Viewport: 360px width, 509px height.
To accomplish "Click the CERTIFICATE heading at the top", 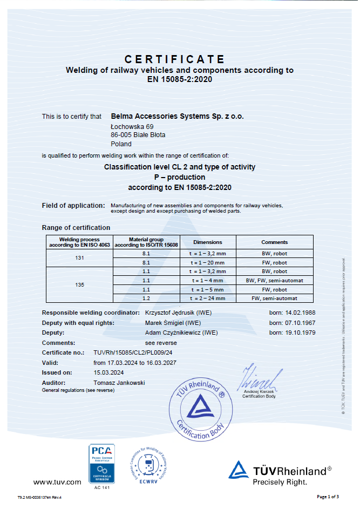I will pos(174,59).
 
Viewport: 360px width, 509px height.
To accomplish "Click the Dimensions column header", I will pos(207,242).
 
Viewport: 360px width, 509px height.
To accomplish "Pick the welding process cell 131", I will pos(79,258).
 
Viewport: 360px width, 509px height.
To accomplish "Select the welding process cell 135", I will pos(79,285).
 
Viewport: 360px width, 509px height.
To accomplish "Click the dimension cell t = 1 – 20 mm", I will pos(207,263).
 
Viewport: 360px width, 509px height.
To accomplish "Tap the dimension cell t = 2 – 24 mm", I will pos(207,298).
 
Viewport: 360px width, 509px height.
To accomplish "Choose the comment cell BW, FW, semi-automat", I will pos(275,281).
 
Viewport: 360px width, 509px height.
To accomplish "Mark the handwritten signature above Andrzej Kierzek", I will pos(262,378).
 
